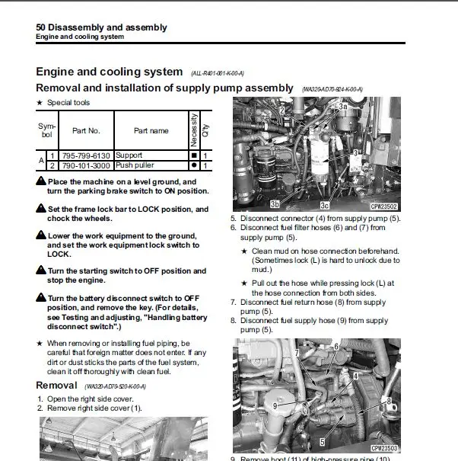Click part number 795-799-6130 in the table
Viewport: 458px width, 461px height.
coord(86,155)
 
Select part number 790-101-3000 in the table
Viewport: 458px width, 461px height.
coord(86,165)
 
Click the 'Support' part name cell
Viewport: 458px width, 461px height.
coord(129,155)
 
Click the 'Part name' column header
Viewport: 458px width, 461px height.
coord(151,130)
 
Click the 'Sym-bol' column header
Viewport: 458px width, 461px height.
coord(46,130)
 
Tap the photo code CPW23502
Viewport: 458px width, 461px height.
coord(384,206)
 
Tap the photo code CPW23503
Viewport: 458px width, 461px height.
coord(384,449)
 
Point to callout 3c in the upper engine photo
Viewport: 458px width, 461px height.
coord(325,205)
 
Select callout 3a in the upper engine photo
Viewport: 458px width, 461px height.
coord(343,107)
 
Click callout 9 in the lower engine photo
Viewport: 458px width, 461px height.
coord(275,405)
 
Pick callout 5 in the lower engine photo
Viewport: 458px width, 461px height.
coord(322,441)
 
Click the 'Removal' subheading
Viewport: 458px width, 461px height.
coord(56,386)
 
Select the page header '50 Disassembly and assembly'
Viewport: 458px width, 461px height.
coord(101,28)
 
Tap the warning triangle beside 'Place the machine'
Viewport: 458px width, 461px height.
coord(41,182)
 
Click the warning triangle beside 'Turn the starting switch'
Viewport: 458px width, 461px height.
coord(41,271)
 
